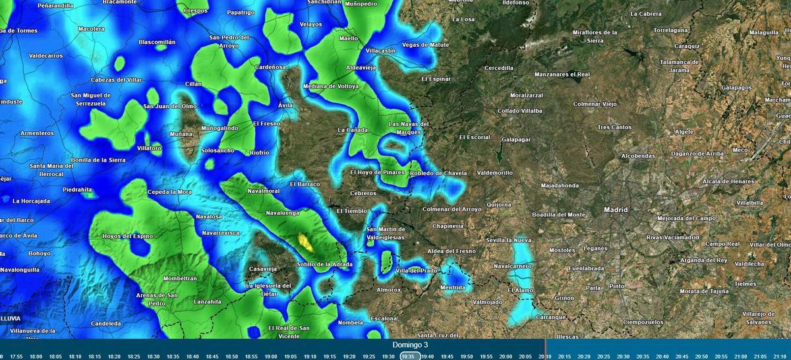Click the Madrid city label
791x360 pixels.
point(616,210)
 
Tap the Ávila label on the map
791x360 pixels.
point(285,105)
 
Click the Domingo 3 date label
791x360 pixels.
point(410,345)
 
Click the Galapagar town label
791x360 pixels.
point(516,140)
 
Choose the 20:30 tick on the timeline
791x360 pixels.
point(623,356)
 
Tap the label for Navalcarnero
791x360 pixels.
point(513,266)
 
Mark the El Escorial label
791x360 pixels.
point(475,137)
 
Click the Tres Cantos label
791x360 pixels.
point(614,127)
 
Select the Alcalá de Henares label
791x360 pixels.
point(728,181)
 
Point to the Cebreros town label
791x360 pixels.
point(363,193)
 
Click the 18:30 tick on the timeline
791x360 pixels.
point(153,356)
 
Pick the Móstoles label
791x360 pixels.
point(562,251)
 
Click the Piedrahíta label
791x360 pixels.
point(78,190)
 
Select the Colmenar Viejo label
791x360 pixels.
point(595,104)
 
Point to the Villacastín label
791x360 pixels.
point(380,51)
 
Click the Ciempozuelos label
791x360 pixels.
point(643,322)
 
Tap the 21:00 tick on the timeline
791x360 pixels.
point(741,356)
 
